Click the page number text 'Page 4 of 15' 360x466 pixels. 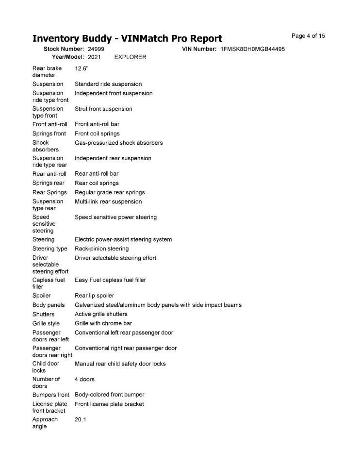[x=308, y=36]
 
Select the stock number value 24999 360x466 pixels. [x=96, y=50]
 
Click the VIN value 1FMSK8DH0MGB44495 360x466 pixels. [x=252, y=50]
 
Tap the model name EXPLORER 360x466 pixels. [x=130, y=57]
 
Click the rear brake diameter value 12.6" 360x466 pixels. [x=82, y=68]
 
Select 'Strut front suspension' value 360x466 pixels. [x=103, y=109]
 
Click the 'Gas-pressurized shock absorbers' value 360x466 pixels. [x=119, y=143]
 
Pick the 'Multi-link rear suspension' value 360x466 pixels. [x=108, y=201]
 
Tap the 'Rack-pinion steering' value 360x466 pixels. [x=102, y=249]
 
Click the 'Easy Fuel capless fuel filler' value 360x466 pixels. [x=110, y=280]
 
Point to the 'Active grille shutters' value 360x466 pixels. [x=101, y=314]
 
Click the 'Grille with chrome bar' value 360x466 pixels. [x=103, y=323]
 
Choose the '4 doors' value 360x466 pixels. [x=84, y=379]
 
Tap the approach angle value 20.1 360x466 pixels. [x=81, y=419]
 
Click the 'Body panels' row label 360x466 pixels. [x=49, y=305]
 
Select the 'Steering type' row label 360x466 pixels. [x=50, y=249]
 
